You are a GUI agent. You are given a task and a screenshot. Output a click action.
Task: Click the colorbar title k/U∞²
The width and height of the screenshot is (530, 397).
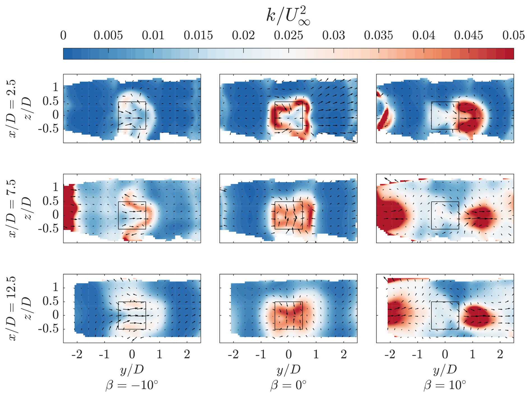pos(288,16)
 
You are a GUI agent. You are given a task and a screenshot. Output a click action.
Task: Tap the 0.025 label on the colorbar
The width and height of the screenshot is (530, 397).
pos(289,36)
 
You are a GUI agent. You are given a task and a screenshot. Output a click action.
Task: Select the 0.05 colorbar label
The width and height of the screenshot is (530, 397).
pos(513,36)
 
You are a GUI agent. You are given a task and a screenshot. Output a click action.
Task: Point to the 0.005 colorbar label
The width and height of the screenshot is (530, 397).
pos(108,36)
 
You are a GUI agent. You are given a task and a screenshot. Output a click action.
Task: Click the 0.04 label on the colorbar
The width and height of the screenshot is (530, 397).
pos(424,36)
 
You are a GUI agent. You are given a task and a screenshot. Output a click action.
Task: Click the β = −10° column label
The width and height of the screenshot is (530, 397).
pos(132,385)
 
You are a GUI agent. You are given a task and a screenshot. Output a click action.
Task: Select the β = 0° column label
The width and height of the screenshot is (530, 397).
pos(288,385)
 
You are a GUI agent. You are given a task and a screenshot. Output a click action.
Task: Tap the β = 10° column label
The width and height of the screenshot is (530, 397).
pos(445,385)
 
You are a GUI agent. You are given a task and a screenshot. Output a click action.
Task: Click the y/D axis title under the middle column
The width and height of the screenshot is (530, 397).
pos(288,370)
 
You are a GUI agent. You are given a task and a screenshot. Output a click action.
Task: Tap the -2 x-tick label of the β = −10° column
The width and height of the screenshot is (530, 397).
pos(77,355)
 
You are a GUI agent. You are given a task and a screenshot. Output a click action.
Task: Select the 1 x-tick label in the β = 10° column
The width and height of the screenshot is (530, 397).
pos(473,355)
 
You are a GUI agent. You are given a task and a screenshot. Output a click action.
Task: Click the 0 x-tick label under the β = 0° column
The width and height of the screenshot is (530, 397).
pos(289,355)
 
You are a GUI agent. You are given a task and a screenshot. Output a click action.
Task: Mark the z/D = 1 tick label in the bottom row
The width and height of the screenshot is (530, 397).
pos(56,287)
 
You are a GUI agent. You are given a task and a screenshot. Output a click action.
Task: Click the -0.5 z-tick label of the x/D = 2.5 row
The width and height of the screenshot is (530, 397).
pos(48,129)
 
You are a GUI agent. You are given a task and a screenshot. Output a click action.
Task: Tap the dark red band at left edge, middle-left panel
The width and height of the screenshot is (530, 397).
pos(69,208)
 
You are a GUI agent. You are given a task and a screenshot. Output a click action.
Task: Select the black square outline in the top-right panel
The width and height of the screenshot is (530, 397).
pos(445,102)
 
